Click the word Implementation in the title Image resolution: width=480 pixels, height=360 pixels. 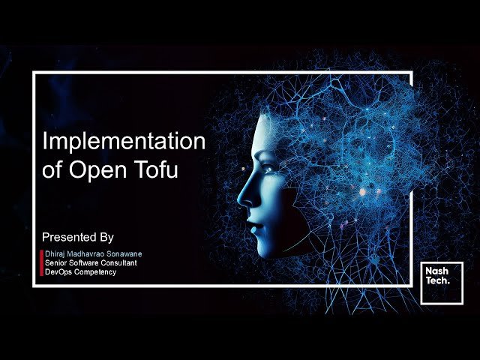tap(124, 142)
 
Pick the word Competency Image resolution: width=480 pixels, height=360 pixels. tap(95, 271)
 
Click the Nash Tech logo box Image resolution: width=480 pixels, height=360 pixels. tap(441, 283)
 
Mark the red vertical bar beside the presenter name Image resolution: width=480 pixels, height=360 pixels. tap(41, 262)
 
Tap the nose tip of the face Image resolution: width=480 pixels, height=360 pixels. tap(241, 200)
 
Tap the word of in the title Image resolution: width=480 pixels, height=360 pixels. tap(52, 169)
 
